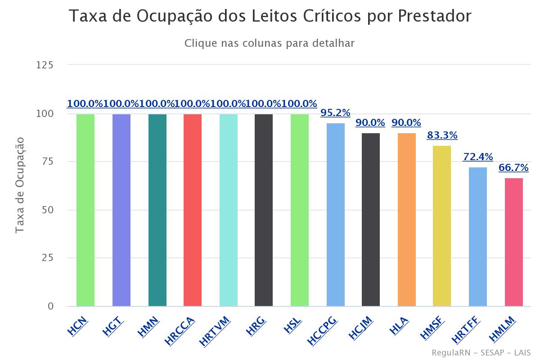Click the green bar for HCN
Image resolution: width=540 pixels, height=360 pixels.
click(85, 210)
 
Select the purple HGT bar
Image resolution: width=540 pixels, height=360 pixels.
click(121, 210)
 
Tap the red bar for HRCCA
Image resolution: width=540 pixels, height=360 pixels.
click(193, 210)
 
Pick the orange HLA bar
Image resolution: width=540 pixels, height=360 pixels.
click(406, 220)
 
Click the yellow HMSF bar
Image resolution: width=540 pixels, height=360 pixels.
click(442, 226)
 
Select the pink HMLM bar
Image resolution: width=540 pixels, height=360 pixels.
click(513, 242)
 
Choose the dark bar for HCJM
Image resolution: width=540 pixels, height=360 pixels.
click(371, 220)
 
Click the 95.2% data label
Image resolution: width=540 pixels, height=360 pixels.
click(335, 113)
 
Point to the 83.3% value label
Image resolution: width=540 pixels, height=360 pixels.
click(442, 135)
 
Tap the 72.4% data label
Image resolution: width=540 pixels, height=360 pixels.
click(478, 157)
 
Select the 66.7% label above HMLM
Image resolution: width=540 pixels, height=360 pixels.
click(513, 168)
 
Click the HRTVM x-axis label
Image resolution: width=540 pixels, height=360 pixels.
click(215, 331)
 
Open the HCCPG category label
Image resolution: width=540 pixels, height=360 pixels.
click(323, 331)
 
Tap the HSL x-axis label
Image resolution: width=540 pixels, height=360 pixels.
click(293, 325)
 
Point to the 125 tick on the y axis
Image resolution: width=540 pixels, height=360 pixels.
click(45, 65)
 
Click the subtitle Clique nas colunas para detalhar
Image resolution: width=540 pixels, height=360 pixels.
click(270, 44)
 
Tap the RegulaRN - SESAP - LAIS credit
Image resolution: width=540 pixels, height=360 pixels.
click(481, 352)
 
